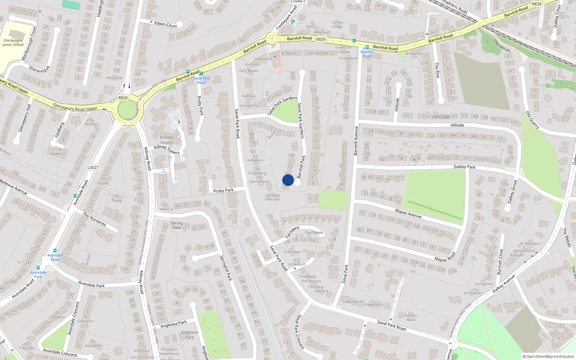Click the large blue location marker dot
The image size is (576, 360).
(288, 180)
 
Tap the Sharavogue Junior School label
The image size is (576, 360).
(13, 42)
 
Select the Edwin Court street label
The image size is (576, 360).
(166, 24)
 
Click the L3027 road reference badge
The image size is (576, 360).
(93, 167)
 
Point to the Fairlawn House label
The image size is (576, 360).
(273, 197)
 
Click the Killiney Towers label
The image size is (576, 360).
(167, 140)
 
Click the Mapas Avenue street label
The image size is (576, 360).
(408, 213)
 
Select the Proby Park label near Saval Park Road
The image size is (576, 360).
(223, 190)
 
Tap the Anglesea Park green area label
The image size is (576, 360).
(189, 335)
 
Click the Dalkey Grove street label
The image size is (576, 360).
(512, 192)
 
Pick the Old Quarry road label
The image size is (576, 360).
(532, 120)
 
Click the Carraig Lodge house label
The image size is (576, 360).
(337, 24)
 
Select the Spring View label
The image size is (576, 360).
(176, 225)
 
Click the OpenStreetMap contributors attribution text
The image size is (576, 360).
(548, 356)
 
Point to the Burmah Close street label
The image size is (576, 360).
(500, 262)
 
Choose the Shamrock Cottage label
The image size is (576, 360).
(343, 49)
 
